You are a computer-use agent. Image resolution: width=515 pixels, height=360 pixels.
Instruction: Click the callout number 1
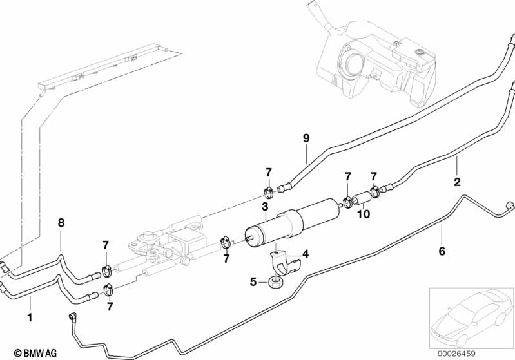pyautogui.click(x=28, y=317)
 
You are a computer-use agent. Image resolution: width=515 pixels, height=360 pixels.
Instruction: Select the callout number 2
pyautogui.click(x=457, y=182)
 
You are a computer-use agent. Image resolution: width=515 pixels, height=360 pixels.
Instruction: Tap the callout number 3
pyautogui.click(x=264, y=206)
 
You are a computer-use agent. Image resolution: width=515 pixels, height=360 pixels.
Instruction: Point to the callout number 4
pyautogui.click(x=306, y=254)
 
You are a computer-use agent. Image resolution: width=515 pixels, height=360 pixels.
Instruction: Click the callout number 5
pyautogui.click(x=253, y=281)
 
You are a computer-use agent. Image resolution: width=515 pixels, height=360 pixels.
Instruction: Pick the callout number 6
pyautogui.click(x=442, y=251)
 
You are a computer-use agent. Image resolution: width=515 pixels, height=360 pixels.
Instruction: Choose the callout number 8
pyautogui.click(x=61, y=223)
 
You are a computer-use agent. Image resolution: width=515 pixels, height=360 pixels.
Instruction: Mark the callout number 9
pyautogui.click(x=306, y=137)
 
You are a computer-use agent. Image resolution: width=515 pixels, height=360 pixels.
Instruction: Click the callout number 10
pyautogui.click(x=364, y=214)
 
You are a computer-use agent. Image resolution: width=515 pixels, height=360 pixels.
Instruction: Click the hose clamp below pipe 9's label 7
pyautogui.click(x=269, y=191)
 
